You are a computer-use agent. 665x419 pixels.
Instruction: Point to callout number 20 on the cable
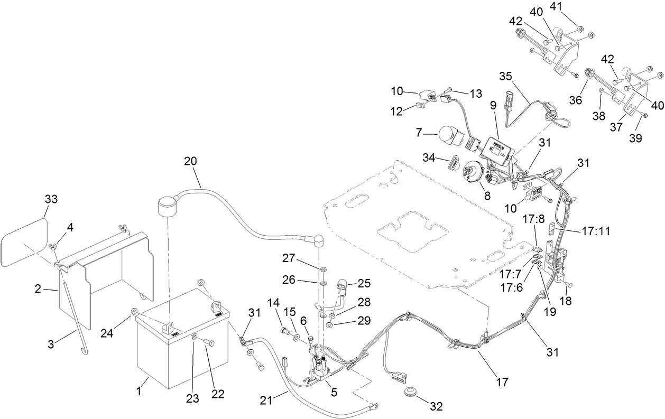tap(192, 161)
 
